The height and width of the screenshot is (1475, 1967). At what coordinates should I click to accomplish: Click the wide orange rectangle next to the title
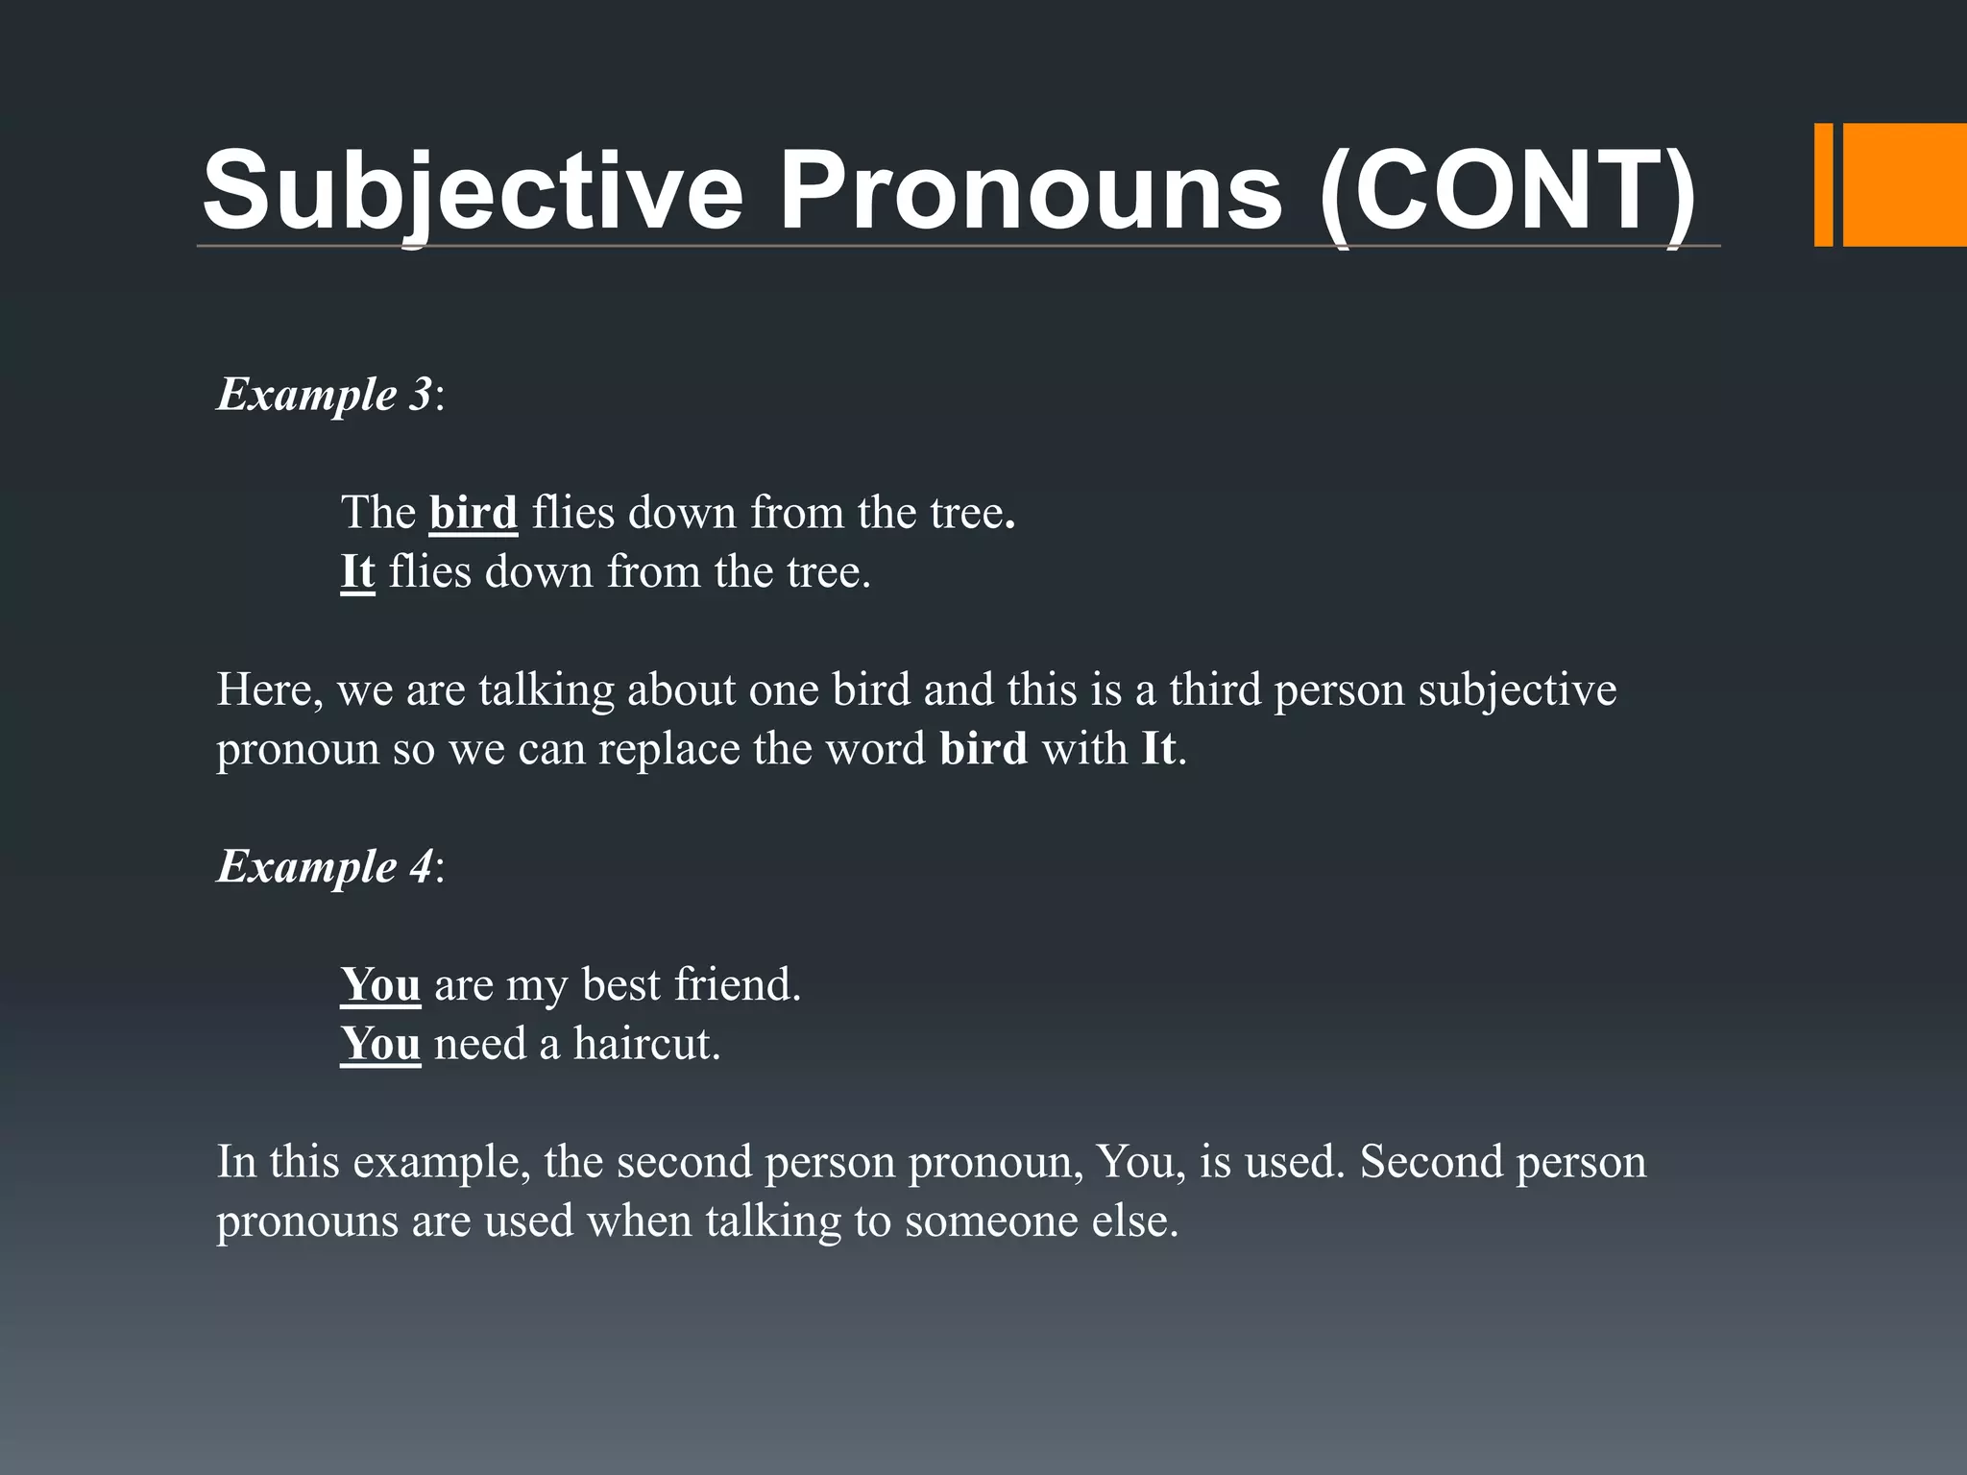(x=1904, y=185)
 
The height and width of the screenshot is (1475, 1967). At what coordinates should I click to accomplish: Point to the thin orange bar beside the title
(x=1823, y=185)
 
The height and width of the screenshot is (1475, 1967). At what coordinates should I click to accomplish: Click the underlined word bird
(x=473, y=513)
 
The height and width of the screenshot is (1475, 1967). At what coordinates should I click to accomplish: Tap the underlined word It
(x=357, y=572)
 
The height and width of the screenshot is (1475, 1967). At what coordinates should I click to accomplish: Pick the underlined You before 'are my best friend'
(x=380, y=985)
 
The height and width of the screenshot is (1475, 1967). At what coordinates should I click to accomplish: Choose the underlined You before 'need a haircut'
(x=380, y=1044)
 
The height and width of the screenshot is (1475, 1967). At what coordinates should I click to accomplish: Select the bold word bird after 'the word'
(x=983, y=749)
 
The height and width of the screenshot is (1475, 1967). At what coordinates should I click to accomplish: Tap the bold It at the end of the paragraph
(x=1157, y=749)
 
